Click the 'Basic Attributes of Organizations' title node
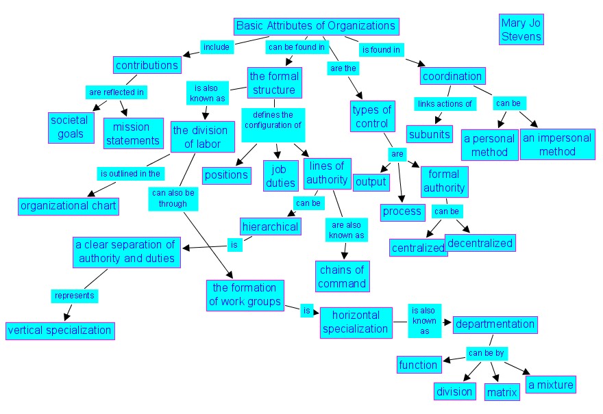pos(316,27)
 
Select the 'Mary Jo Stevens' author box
pos(521,29)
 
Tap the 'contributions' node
pos(147,66)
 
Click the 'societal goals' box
pos(69,127)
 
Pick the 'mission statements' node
pos(132,133)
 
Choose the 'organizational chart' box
pos(69,205)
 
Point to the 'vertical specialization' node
pos(59,331)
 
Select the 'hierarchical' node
pos(270,226)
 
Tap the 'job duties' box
pos(280,174)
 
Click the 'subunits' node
pos(430,133)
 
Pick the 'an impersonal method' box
pos(557,144)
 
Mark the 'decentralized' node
pos(480,242)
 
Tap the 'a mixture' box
pos(550,385)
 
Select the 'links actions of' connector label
pos(445,104)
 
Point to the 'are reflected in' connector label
pos(116,91)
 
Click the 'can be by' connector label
pos(486,353)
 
